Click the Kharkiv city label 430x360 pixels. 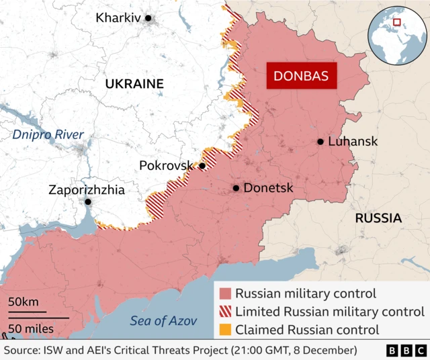click(118, 18)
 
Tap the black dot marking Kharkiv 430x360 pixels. click(148, 18)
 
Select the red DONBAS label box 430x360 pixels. click(301, 77)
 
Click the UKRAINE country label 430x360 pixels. click(134, 84)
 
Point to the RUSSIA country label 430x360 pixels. click(378, 218)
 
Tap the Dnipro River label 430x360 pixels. click(48, 135)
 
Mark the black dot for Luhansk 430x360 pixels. click(320, 142)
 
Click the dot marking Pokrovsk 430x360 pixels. click(202, 166)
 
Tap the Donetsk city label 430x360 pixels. click(268, 188)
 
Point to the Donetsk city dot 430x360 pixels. click(236, 188)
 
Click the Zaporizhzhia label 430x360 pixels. click(87, 190)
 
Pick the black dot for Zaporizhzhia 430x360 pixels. click(87, 201)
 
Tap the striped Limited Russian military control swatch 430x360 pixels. click(225, 312)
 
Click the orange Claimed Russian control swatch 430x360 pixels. click(225, 330)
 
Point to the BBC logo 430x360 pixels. click(406, 351)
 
